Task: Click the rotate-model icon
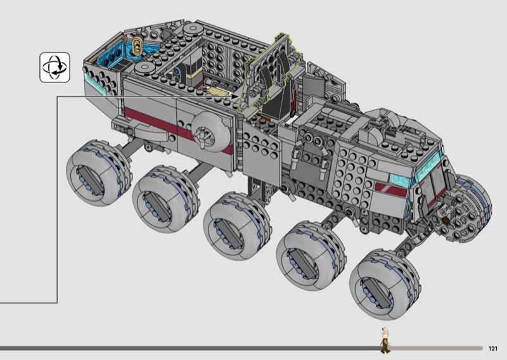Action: tap(55, 67)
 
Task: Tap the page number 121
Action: tap(493, 349)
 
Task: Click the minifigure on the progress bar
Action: tap(385, 340)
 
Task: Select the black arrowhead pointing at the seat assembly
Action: tap(235, 96)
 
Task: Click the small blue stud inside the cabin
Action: tap(176, 70)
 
